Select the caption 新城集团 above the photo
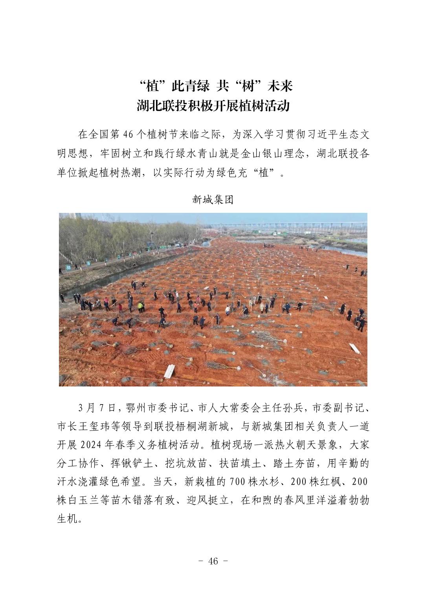[213, 200]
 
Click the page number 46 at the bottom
[213, 561]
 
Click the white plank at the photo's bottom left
[169, 371]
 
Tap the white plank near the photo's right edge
[355, 348]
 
